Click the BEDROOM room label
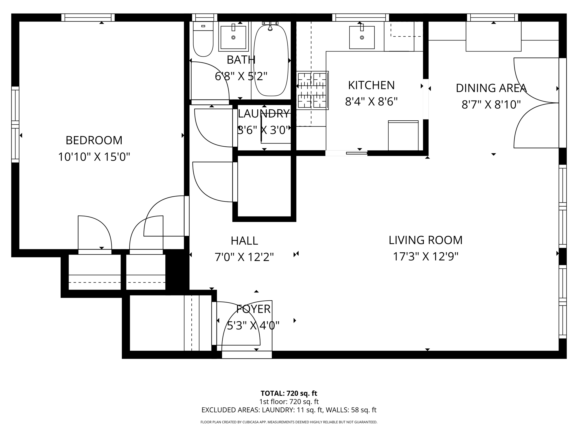point(94,140)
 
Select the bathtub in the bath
point(271,61)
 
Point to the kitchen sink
point(362,38)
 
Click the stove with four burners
point(312,90)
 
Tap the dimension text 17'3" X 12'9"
point(425,257)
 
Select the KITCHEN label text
point(371,85)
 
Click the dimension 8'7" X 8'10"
point(491,105)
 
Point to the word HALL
point(244,241)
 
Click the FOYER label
point(253,309)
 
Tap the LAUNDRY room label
point(264,114)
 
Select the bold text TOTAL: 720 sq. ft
point(289,393)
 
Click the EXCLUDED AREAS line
point(289,410)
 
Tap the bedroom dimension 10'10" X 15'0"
point(94,157)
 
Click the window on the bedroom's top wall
point(88,18)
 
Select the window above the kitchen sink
point(360,18)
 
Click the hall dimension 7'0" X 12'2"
point(244,257)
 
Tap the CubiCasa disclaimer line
point(289,422)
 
